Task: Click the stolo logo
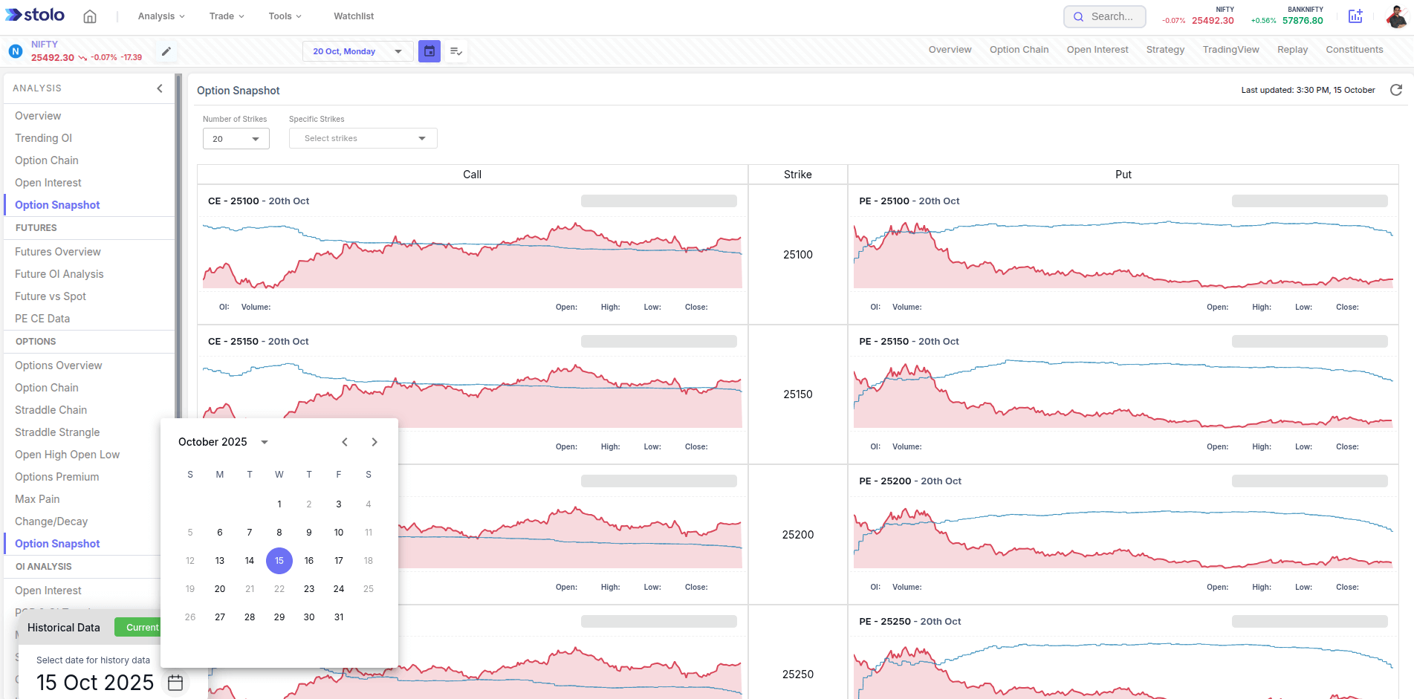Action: [35, 15]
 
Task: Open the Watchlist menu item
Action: [354, 16]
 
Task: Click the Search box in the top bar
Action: [1104, 16]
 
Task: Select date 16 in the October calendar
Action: [309, 561]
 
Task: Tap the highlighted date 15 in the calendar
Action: [279, 561]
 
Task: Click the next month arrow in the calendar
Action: [374, 442]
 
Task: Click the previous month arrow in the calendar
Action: [345, 442]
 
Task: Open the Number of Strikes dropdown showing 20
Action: [236, 139]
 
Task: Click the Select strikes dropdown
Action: [363, 139]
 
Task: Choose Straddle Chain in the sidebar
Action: [51, 410]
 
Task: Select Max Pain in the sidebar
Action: [37, 499]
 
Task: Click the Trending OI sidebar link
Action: [43, 138]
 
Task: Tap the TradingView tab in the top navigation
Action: [1230, 50]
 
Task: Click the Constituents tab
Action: [1354, 50]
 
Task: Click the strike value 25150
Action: [797, 394]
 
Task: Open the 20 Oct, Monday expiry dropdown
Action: [357, 51]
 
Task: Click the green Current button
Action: [141, 628]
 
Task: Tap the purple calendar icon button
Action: [429, 51]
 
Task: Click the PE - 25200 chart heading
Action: [909, 481]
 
